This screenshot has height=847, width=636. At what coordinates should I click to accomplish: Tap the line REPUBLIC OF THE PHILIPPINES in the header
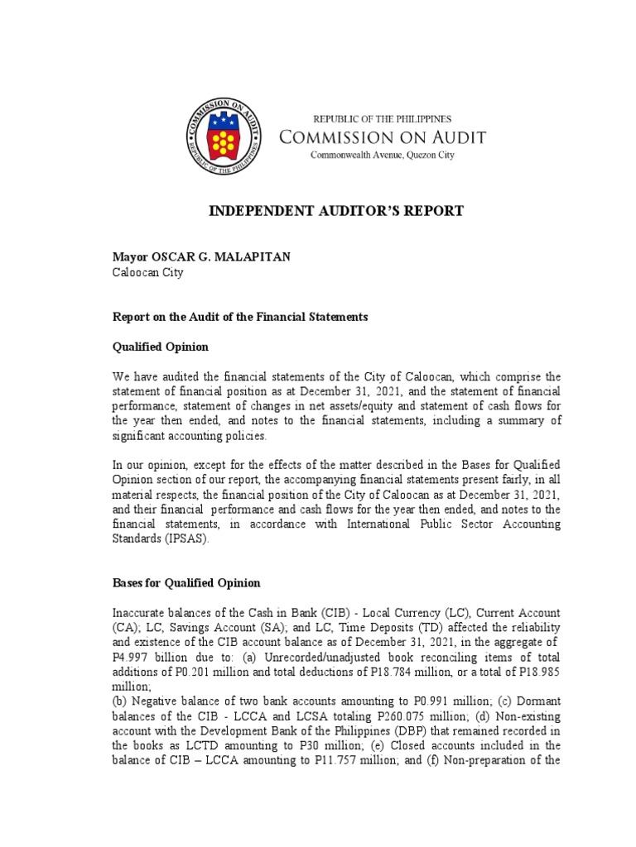382,119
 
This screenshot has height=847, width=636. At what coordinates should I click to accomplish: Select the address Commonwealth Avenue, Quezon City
382,156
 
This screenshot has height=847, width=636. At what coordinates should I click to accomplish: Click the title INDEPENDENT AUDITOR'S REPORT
335,212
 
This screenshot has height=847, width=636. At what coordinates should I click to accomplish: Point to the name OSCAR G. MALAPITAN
218,257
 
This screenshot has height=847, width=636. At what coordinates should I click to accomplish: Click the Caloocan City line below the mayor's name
148,272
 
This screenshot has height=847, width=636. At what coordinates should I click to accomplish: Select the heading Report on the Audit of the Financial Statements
240,317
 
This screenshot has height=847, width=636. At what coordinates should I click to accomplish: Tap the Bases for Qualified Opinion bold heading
186,583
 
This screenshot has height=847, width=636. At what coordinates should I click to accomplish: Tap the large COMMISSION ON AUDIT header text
382,137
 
